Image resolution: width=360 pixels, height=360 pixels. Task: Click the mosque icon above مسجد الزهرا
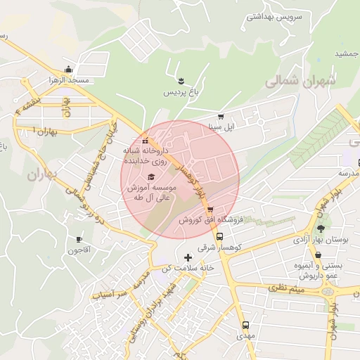pos(68,69)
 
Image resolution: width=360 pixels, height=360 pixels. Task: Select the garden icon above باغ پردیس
pos(181,78)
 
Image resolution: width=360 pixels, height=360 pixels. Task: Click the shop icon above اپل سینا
pos(221,117)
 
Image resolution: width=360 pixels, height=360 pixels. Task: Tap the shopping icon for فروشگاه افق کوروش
pos(210,210)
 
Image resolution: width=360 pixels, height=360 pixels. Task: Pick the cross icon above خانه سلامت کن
pos(187,258)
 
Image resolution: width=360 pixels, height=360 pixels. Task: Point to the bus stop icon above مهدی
pos(245,325)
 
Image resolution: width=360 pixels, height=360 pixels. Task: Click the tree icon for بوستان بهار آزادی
pos(321,228)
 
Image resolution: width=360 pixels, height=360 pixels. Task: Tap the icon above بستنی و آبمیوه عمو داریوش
pos(319,255)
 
